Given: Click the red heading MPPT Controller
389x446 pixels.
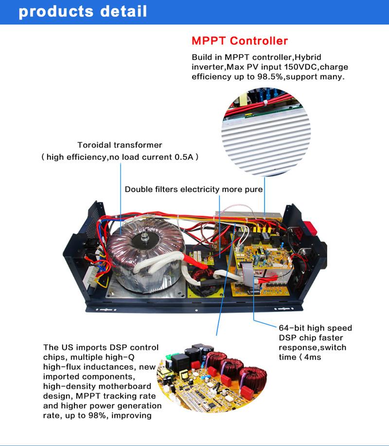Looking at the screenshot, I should (239, 41).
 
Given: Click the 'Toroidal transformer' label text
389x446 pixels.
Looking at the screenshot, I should (120, 145).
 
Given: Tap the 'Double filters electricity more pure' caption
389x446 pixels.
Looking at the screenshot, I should (194, 189).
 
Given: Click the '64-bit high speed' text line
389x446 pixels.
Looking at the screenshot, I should (315, 328).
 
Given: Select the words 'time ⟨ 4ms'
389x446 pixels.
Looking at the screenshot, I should (300, 357).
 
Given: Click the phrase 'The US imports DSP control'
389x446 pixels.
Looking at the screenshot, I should (101, 347).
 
